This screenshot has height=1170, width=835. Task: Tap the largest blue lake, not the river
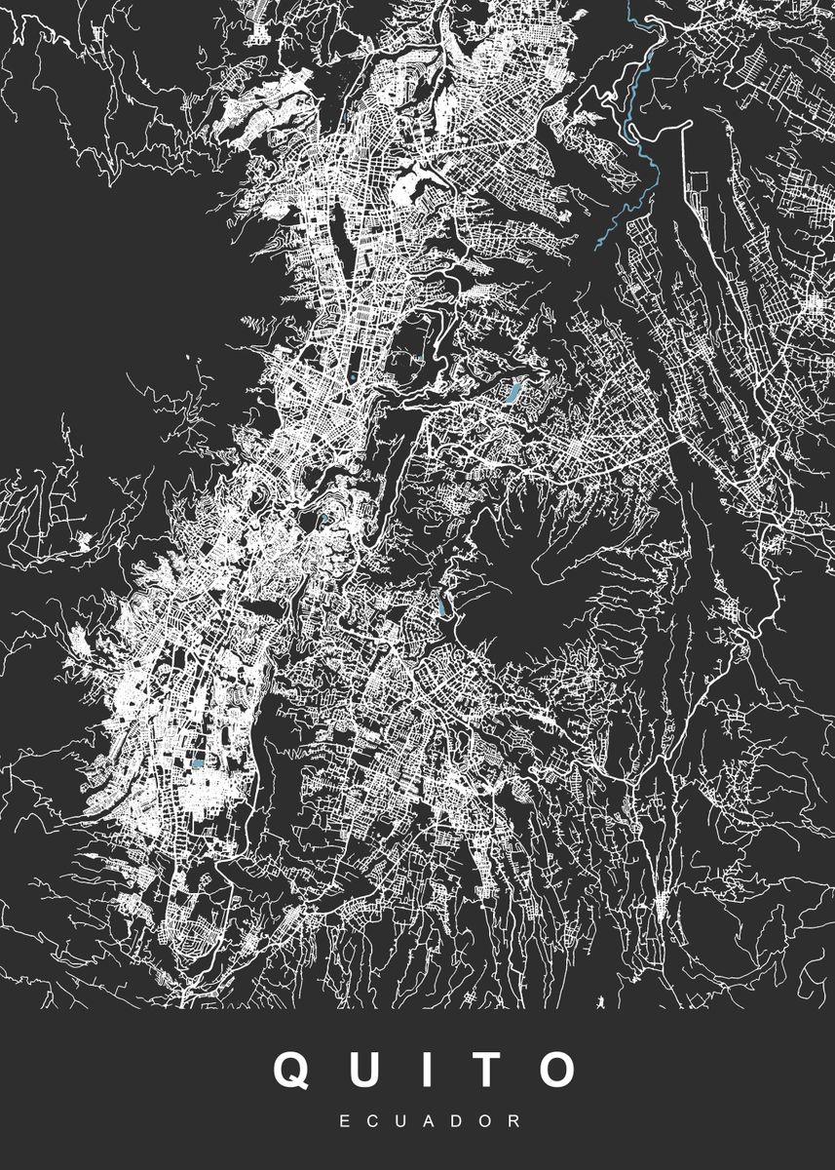(x=511, y=394)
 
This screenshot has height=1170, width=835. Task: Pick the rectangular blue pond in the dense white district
(x=198, y=765)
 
